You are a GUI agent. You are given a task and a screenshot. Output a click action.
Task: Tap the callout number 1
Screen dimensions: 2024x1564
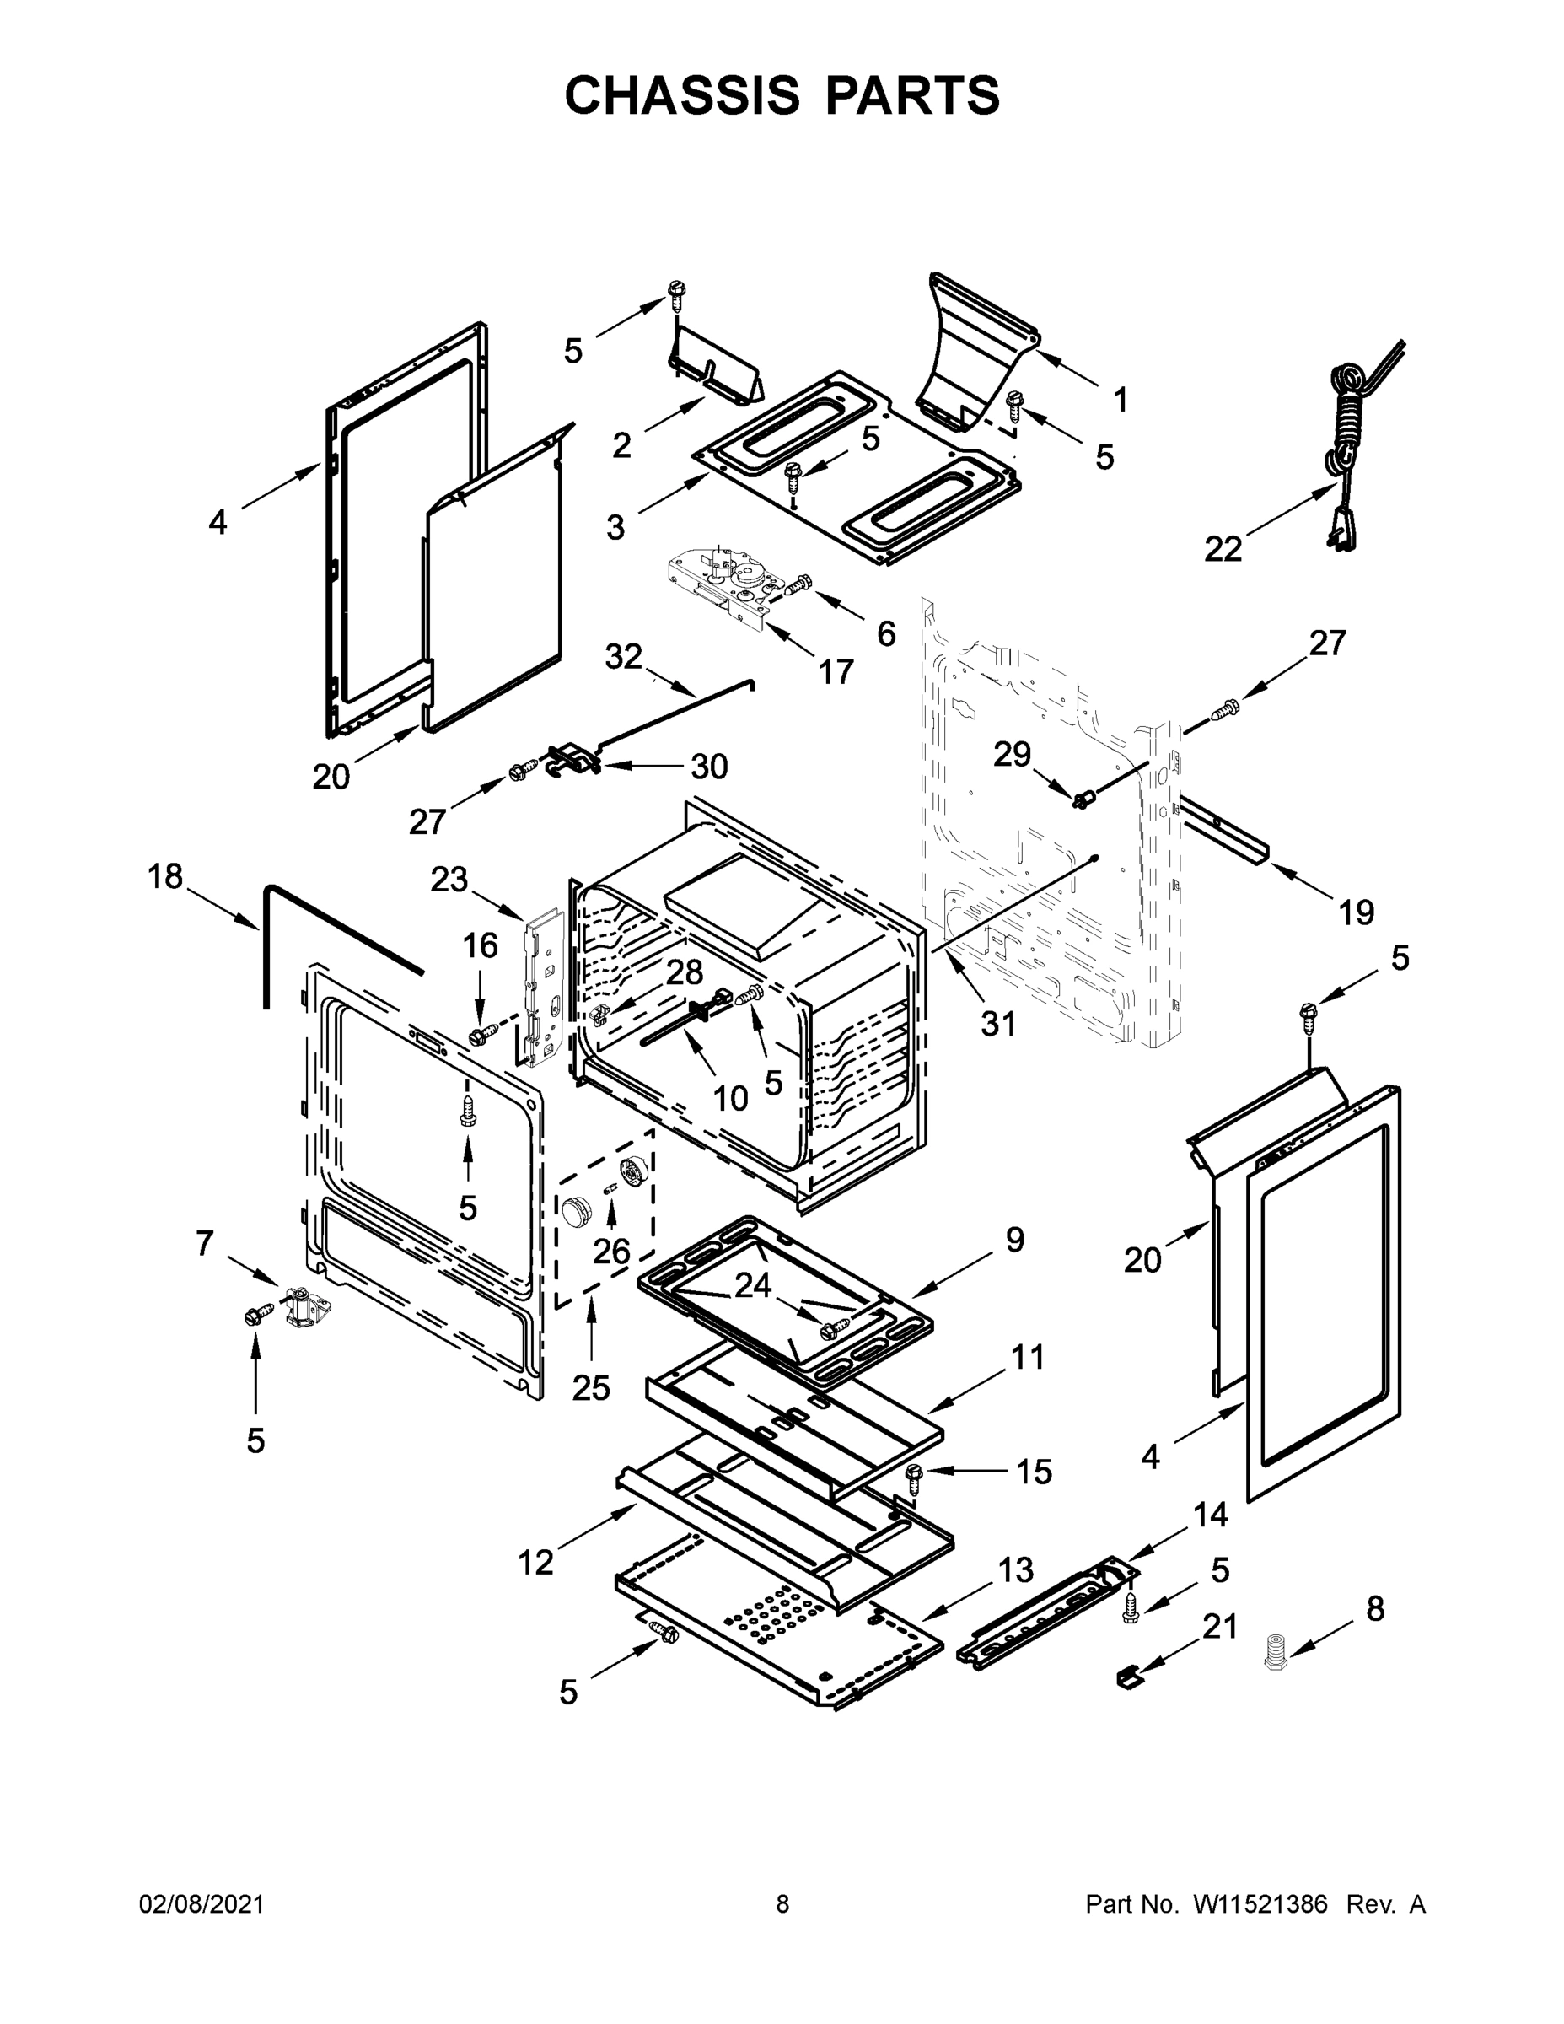[x=1121, y=401]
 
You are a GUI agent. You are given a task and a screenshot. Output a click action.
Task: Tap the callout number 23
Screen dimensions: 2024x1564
[x=449, y=879]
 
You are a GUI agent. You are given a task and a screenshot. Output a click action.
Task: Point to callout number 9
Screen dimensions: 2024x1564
[x=1014, y=1239]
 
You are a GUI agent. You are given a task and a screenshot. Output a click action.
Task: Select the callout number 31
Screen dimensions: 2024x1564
[x=999, y=1023]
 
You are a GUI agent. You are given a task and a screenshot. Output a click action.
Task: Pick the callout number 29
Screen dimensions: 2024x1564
[x=1012, y=753]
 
